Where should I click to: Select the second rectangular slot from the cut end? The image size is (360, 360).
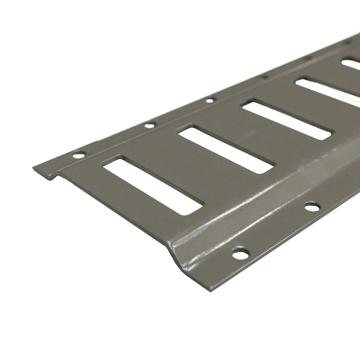click(x=226, y=149)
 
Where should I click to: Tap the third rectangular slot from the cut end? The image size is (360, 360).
click(x=286, y=121)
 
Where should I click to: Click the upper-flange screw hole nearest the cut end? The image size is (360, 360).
click(x=78, y=156)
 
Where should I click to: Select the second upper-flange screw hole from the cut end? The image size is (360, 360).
click(x=149, y=126)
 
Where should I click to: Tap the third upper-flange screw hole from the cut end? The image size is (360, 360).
click(x=210, y=100)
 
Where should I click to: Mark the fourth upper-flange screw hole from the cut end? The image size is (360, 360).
click(x=263, y=77)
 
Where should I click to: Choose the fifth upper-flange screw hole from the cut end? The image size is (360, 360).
click(x=308, y=58)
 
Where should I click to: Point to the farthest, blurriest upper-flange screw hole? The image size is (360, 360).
click(x=347, y=42)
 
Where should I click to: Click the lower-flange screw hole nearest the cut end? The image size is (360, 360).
click(x=240, y=253)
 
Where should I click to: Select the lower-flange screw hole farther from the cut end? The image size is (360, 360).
click(x=312, y=207)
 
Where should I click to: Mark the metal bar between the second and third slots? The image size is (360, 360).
click(x=257, y=135)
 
